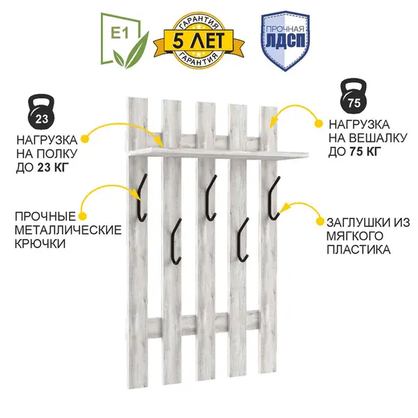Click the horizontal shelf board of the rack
[216, 151]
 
